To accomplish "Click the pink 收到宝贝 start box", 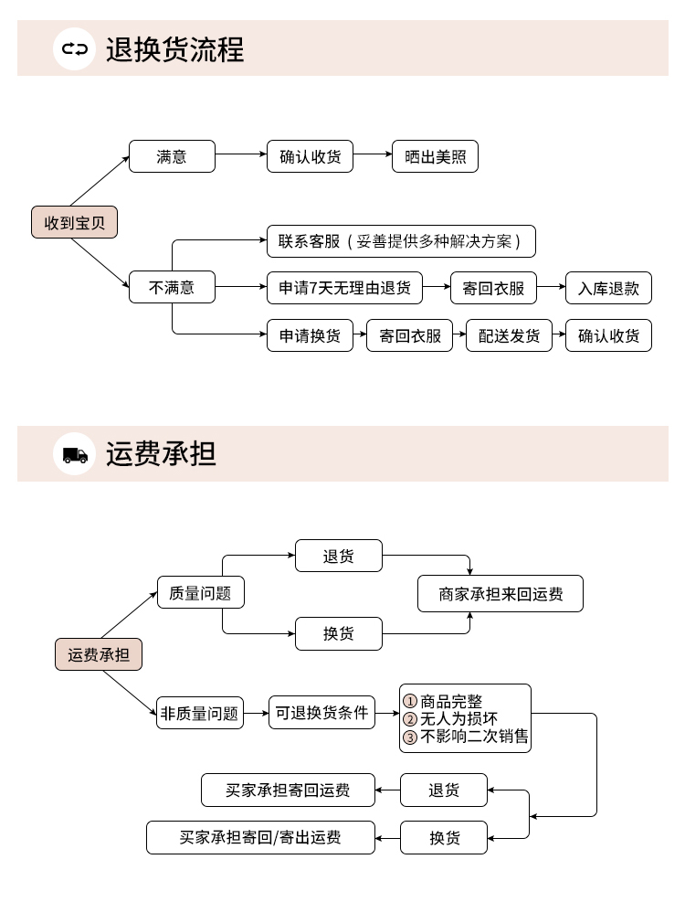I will click(x=75, y=222).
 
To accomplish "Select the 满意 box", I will click(x=172, y=156).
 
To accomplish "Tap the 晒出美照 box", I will click(x=435, y=156).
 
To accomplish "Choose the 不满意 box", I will click(x=172, y=288).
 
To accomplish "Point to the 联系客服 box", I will click(x=400, y=241).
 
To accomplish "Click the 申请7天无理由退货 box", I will click(x=344, y=288).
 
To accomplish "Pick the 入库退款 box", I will click(x=608, y=288).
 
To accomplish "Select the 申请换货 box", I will click(x=310, y=335).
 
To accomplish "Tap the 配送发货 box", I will click(x=509, y=335).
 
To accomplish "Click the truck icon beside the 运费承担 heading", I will click(x=75, y=454).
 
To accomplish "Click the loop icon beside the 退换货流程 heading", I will click(x=75, y=48).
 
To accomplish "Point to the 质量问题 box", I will click(x=201, y=593).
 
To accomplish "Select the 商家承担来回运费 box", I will click(x=501, y=594).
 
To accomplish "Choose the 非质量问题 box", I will click(x=200, y=713).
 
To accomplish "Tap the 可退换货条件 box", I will click(x=322, y=713).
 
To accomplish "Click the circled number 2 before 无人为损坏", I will click(x=410, y=719).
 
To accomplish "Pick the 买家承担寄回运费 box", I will click(x=288, y=790).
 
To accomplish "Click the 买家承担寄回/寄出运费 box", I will click(x=260, y=837).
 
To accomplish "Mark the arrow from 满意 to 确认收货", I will click(x=241, y=155).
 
